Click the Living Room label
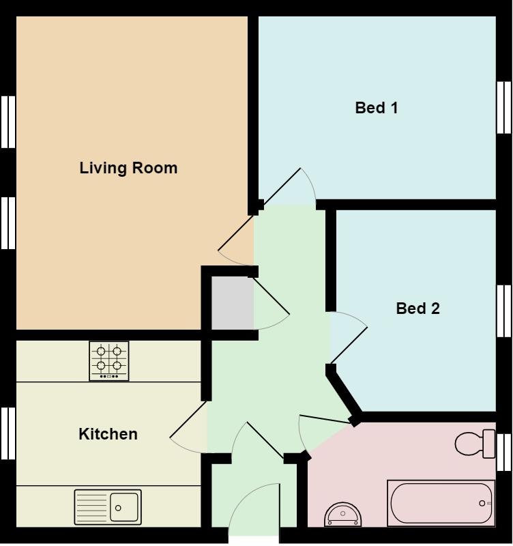[128, 168]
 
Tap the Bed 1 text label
[376, 108]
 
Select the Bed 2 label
[417, 308]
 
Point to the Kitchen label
[108, 434]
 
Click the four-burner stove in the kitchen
[109, 360]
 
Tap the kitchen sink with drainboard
[108, 507]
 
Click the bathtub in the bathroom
[441, 503]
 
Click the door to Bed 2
[349, 339]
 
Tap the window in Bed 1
[503, 107]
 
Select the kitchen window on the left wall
[8, 433]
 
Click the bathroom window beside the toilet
[504, 452]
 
